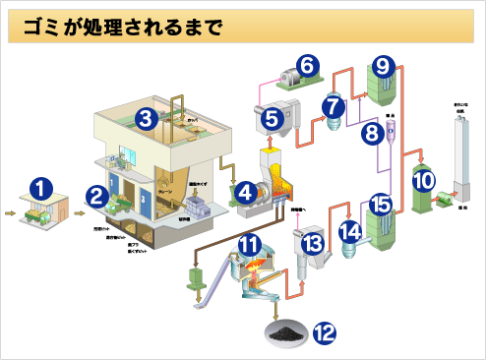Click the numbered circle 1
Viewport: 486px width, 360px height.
40,185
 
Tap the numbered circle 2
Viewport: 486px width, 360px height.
96,195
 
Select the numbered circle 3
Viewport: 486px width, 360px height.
146,119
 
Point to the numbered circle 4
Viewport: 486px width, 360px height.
245,193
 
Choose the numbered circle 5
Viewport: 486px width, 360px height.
273,119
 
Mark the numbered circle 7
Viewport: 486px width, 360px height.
333,104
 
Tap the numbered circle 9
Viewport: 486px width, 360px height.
384,66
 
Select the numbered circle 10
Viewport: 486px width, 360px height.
423,179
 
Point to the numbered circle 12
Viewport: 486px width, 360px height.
324,333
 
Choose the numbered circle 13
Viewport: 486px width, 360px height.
312,243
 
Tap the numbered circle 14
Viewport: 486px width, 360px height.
352,232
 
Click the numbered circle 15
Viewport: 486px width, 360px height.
381,206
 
